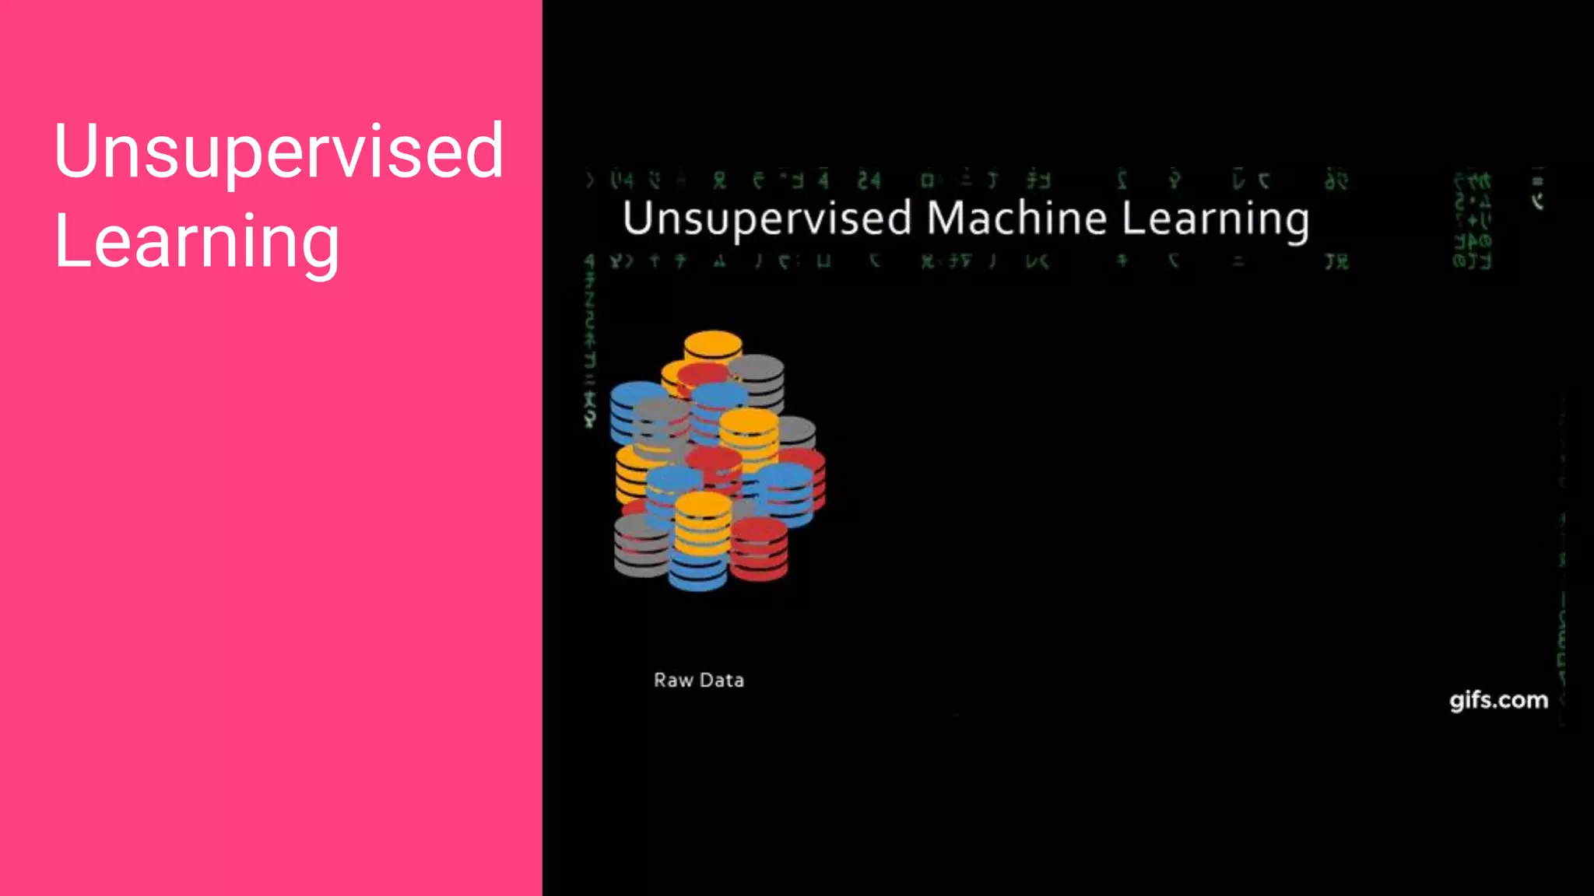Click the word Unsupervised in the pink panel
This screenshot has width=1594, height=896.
coord(278,152)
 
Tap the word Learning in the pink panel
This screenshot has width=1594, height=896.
coord(196,243)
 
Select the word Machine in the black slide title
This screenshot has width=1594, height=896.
coord(1016,218)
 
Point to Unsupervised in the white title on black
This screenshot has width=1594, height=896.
coord(767,219)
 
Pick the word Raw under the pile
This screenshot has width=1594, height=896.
coord(673,681)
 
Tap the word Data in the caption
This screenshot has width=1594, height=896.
coord(722,681)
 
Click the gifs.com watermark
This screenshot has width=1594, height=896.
coord(1498,700)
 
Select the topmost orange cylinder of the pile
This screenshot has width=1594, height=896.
coord(713,346)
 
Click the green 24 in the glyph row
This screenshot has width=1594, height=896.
coord(869,181)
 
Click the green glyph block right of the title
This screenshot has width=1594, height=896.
coord(1471,222)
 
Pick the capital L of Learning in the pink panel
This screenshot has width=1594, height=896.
coord(68,241)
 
